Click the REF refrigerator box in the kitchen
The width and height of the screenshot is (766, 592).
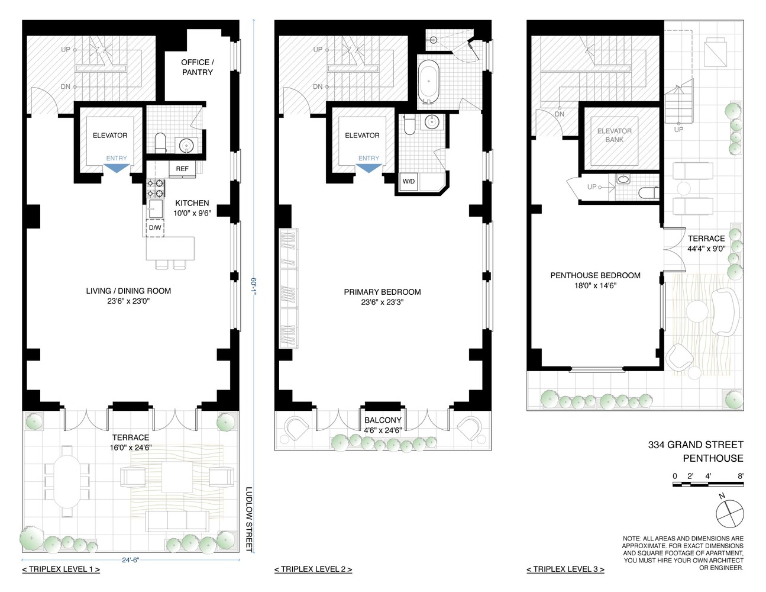pos(182,169)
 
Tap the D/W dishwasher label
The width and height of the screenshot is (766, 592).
pos(155,227)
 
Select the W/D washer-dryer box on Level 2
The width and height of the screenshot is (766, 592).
pos(408,182)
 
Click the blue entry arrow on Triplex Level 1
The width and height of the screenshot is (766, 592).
pos(116,168)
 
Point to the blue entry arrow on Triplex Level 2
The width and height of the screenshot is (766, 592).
pos(369,168)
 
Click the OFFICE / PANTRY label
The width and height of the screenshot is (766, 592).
pos(197,67)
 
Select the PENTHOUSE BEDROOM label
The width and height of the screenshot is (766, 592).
pos(595,275)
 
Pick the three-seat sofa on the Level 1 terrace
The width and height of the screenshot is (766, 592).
pos(176,521)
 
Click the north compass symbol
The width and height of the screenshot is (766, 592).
pos(729,513)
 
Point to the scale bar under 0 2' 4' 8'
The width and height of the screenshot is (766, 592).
pos(708,485)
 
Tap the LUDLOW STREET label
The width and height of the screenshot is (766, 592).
pos(249,519)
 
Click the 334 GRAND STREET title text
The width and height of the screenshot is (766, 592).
pos(696,445)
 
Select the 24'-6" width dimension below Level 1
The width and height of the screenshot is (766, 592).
pos(131,559)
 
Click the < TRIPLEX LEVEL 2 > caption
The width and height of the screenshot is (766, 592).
pos(313,570)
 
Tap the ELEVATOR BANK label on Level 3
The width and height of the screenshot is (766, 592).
pos(614,136)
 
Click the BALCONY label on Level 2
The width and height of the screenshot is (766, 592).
pos(383,420)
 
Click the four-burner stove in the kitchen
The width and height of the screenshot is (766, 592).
pos(155,188)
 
